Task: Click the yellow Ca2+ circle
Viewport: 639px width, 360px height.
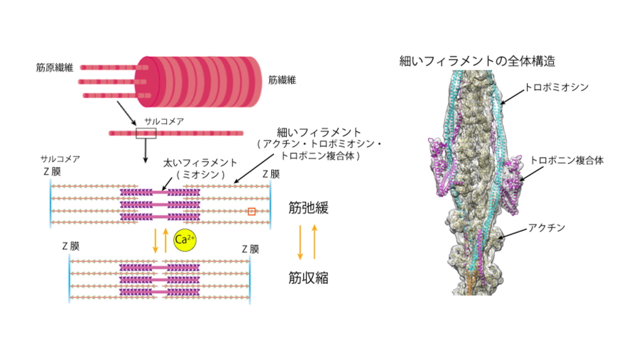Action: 184,241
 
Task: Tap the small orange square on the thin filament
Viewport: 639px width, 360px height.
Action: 251,211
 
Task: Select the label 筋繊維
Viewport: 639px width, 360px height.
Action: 282,80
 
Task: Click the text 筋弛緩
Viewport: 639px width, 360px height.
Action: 308,208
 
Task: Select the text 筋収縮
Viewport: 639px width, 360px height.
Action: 308,277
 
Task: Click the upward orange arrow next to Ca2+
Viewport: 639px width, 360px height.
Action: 166,241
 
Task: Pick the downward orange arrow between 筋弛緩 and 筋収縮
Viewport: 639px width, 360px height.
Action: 301,241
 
